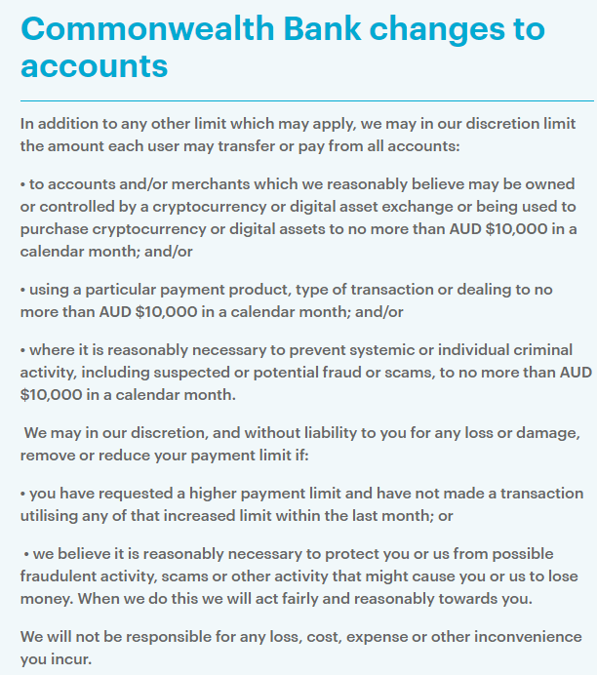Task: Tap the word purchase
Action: (x=54, y=228)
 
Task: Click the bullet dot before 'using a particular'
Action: (x=23, y=290)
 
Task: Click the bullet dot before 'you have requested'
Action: (x=23, y=494)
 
